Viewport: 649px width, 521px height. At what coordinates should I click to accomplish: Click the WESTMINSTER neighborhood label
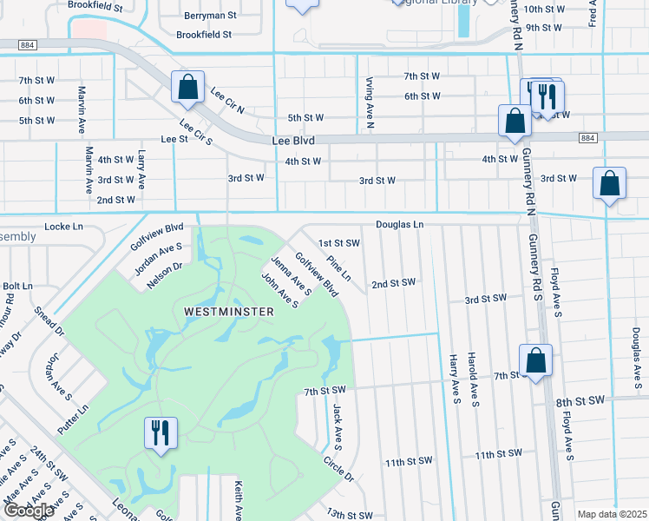[x=217, y=310]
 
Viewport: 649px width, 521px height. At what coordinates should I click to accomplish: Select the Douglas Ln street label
[x=399, y=225]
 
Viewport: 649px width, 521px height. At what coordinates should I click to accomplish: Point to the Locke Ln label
[x=63, y=227]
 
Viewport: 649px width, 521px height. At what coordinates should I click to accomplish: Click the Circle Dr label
[x=338, y=470]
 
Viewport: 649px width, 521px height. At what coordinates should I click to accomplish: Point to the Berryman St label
[x=211, y=16]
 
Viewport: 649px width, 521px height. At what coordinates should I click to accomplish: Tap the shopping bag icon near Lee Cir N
[x=187, y=86]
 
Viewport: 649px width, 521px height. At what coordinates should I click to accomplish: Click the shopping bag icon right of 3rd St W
[x=610, y=183]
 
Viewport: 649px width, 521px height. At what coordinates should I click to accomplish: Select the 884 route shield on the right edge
[x=587, y=138]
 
